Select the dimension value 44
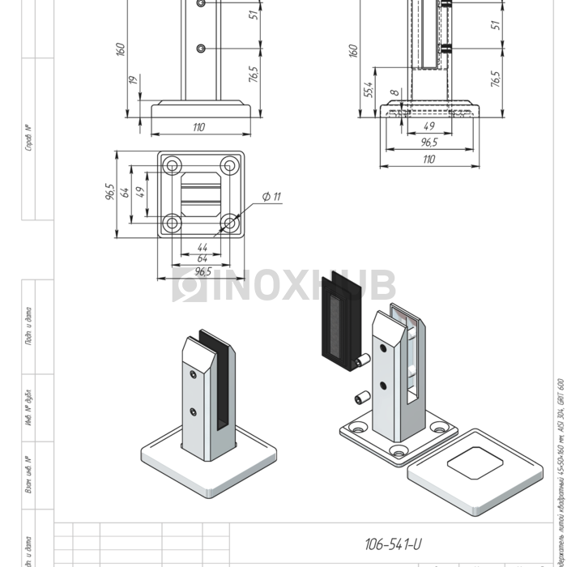click(202, 247)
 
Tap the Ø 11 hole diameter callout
click(271, 197)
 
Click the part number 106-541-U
click(393, 544)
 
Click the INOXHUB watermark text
click(283, 285)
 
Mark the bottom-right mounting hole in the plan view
click(231, 223)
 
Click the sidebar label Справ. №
click(28, 138)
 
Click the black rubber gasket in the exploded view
click(334, 324)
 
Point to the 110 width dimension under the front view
click(199, 127)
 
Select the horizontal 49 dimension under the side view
click(428, 126)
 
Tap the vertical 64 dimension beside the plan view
click(126, 192)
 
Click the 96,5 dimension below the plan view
click(201, 271)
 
